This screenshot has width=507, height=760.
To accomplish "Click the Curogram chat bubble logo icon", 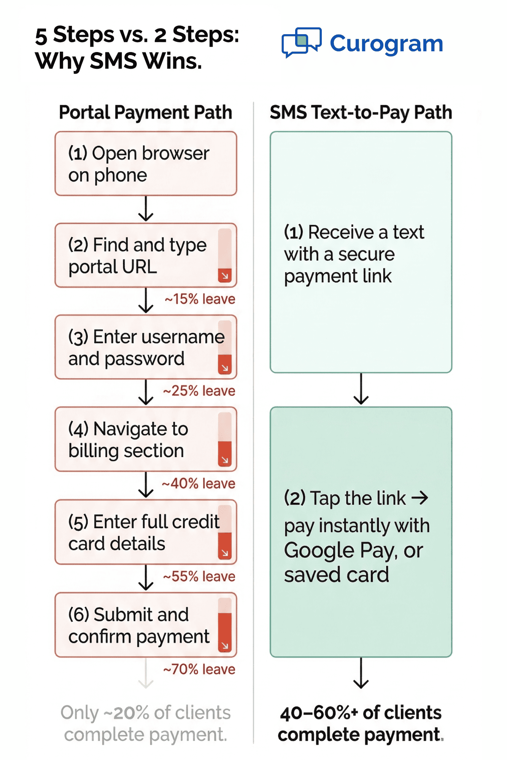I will pos(301,42).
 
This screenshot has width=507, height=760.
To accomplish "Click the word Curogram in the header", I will pos(386,43).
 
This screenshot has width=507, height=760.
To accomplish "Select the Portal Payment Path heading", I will pos(145,112).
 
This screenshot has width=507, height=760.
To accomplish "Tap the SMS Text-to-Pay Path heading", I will pos(361,112).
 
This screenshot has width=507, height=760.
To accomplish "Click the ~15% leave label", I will pos(200,299).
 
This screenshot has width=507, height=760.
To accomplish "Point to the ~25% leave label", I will pos(199,391).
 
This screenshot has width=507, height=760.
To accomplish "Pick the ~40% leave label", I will pos(198,483).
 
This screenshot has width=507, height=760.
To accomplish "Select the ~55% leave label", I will pos(199,576).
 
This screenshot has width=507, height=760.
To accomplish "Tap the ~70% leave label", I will pos(199,669).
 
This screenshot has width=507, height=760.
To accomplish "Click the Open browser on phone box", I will pos(146,164).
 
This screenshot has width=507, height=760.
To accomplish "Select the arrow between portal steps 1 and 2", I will pos(146,209).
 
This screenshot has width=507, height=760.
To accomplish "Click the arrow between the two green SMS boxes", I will pos(361,389).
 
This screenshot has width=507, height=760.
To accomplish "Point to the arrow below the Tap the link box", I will pos(361,673).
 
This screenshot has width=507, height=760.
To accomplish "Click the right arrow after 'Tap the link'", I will pos(420,497).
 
